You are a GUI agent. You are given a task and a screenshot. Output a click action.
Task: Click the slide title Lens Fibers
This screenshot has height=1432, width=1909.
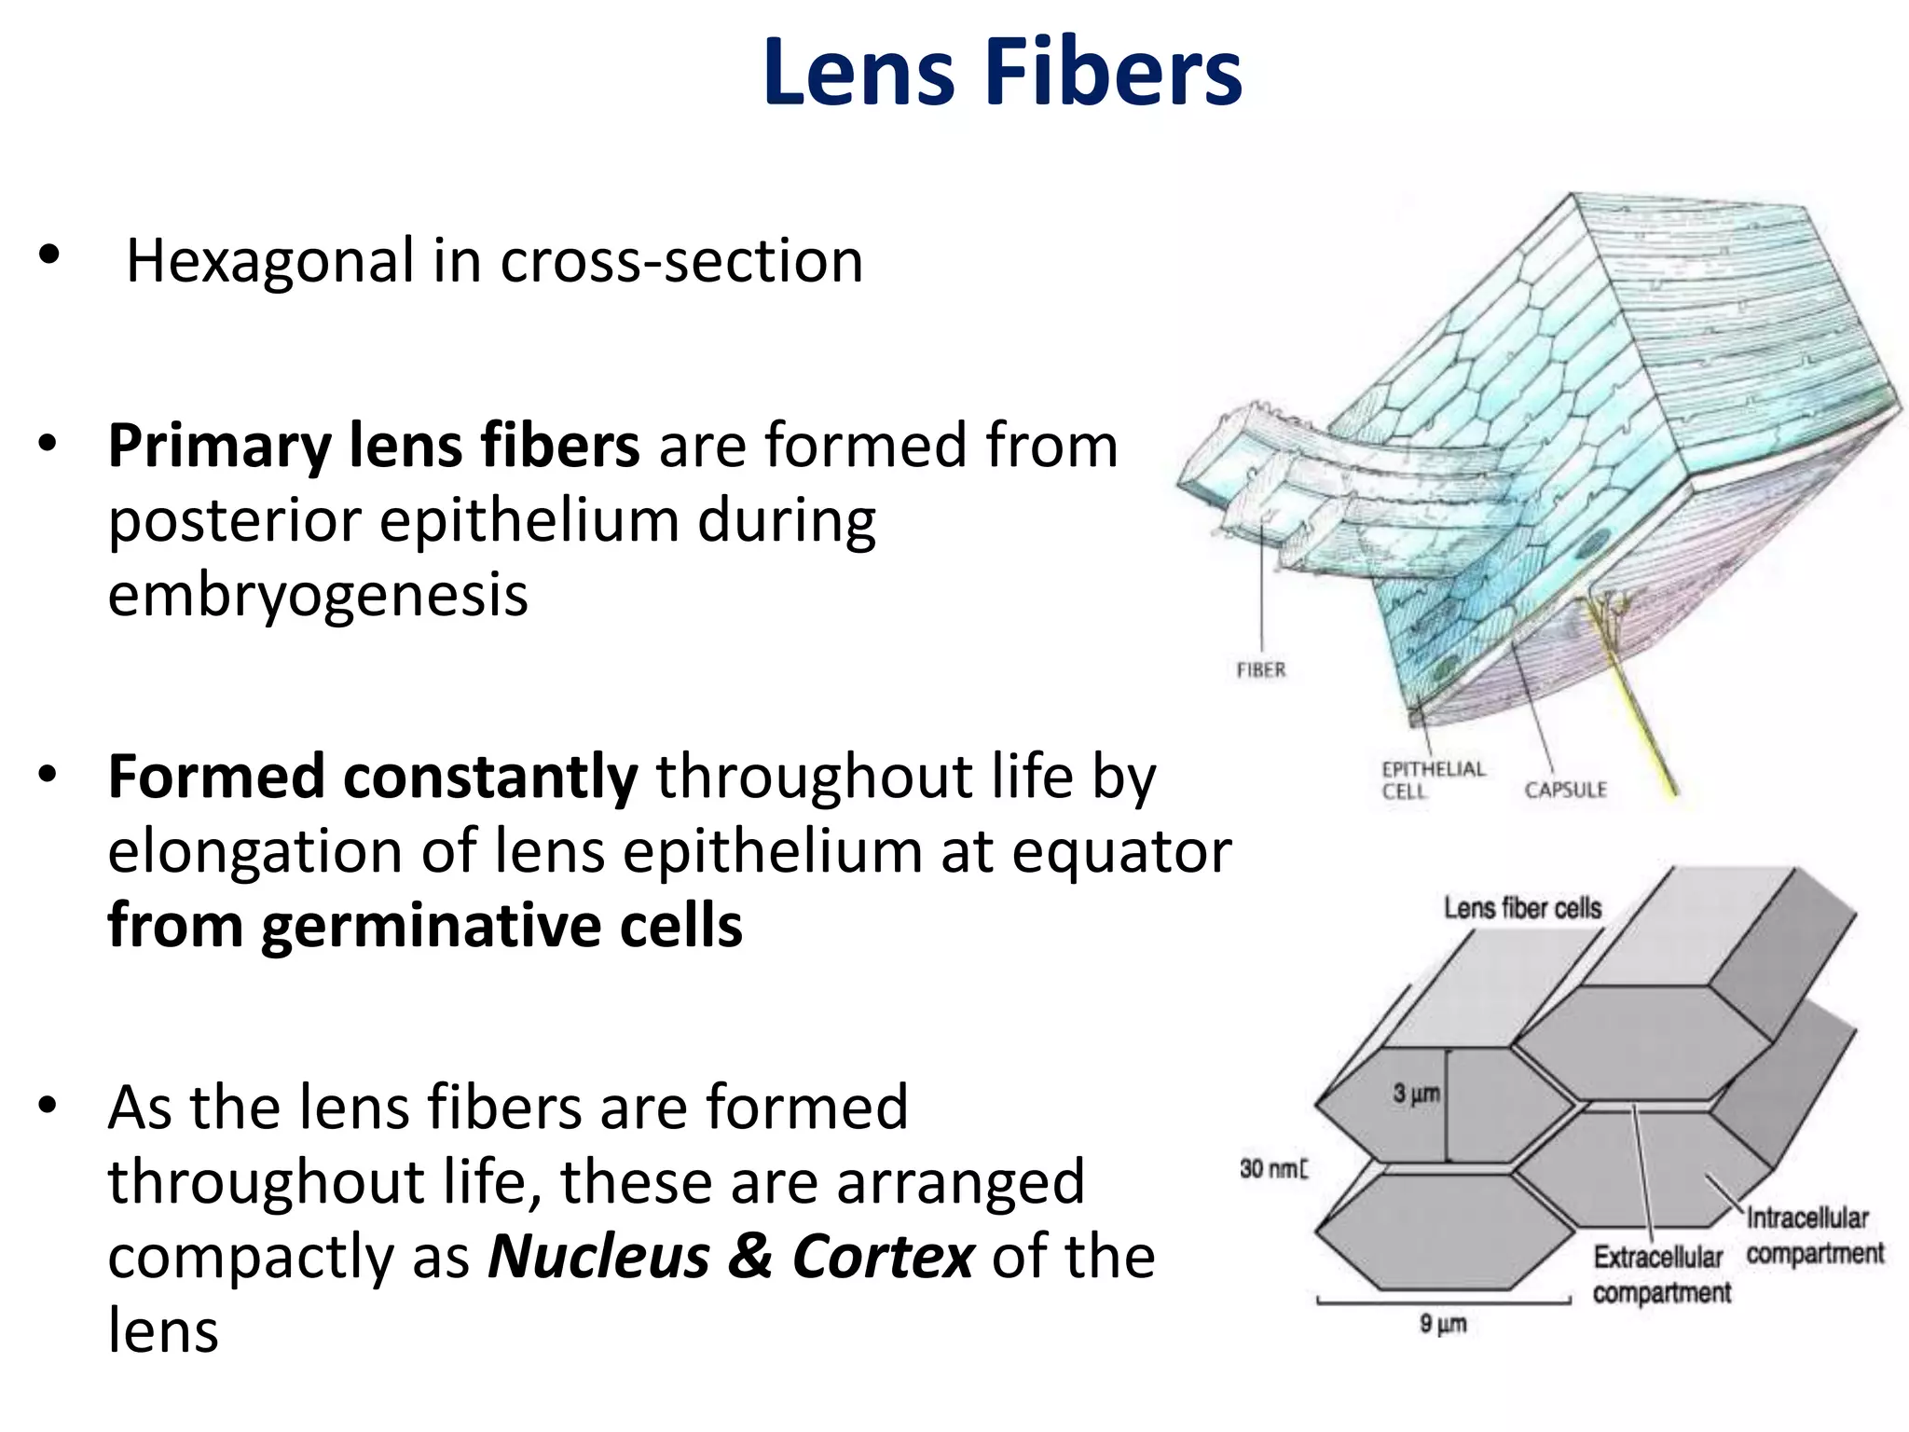point(1002,73)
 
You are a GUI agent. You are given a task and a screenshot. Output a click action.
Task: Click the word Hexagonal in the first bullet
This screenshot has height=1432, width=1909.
point(270,260)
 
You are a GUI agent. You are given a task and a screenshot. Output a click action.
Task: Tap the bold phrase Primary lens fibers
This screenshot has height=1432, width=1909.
point(374,446)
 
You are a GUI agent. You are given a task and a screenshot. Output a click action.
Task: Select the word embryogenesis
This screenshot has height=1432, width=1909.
point(318,595)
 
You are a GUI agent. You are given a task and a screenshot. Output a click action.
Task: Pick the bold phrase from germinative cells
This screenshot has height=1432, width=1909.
point(425,926)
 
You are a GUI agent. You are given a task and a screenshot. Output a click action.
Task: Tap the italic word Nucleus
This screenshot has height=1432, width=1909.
point(598,1257)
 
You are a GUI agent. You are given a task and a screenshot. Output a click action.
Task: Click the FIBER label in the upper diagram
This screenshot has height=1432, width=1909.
point(1261,670)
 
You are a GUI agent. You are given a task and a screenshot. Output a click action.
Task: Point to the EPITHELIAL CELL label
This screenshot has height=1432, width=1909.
point(1433,780)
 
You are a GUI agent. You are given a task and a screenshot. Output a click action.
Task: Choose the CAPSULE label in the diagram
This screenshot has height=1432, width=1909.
point(1566,791)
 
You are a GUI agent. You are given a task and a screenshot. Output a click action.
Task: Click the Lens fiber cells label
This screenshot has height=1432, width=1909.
point(1522,908)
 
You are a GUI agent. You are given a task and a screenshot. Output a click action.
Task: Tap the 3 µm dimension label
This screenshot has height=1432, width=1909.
point(1416,1094)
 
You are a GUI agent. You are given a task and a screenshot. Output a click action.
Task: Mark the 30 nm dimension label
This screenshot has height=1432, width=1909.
point(1272,1169)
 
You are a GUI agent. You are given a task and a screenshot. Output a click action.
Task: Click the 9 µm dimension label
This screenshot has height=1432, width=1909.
point(1443,1324)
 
